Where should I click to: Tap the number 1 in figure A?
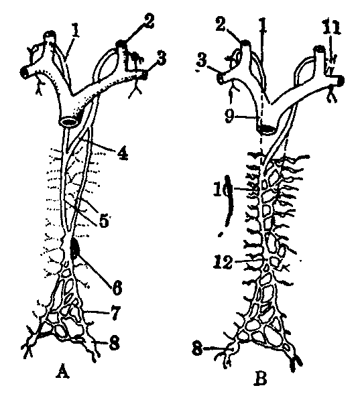tap(75, 31)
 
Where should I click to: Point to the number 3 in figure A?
tap(162, 59)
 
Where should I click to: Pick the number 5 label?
tap(104, 221)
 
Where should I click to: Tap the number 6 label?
tap(117, 288)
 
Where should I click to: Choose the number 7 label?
tap(115, 314)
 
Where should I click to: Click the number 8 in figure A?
tap(114, 342)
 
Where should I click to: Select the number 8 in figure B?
tap(198, 348)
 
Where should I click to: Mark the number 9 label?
tap(229, 117)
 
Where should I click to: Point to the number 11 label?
tap(331, 27)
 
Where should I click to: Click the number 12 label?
tap(223, 262)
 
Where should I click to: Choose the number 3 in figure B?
tap(202, 61)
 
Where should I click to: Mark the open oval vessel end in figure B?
tap(266, 129)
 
